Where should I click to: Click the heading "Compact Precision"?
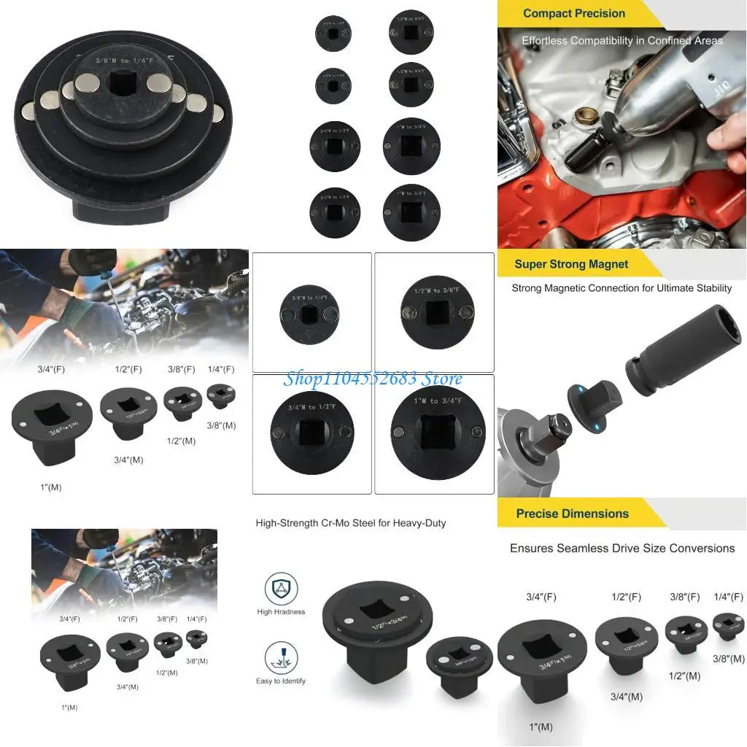pyautogui.click(x=573, y=13)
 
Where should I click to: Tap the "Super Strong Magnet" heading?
pyautogui.click(x=571, y=264)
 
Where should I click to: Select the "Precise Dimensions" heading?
pyautogui.click(x=572, y=514)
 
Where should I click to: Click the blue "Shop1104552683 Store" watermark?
pyautogui.click(x=373, y=378)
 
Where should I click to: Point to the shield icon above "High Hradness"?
pyautogui.click(x=281, y=588)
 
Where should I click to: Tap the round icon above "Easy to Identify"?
pyautogui.click(x=281, y=657)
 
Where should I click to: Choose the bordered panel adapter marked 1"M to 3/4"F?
pyautogui.click(x=434, y=433)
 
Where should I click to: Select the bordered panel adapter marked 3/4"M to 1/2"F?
pyautogui.click(x=311, y=433)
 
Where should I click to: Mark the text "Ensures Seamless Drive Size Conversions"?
pyautogui.click(x=622, y=548)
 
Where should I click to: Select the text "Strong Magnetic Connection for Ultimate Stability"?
pyautogui.click(x=622, y=288)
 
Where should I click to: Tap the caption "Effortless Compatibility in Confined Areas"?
pyautogui.click(x=622, y=41)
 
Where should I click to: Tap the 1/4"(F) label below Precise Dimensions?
pyautogui.click(x=728, y=597)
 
